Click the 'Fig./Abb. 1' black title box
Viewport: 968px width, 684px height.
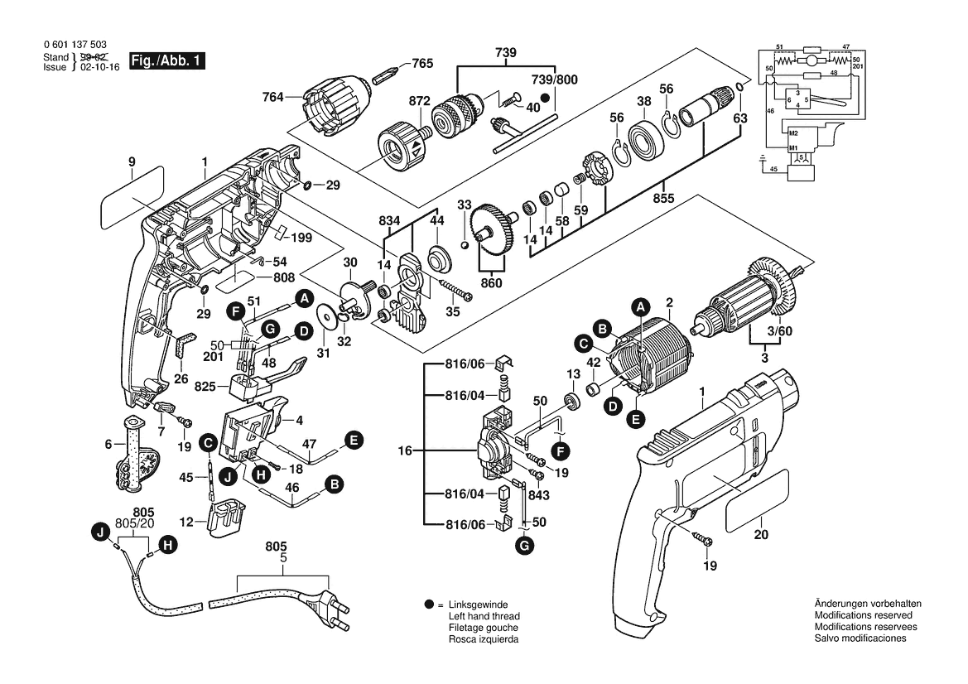tap(165, 61)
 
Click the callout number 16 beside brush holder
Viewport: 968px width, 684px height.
tap(404, 451)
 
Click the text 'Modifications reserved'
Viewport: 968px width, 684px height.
tap(863, 616)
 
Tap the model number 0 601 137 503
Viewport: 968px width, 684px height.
tap(74, 45)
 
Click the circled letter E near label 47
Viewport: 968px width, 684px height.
tap(353, 441)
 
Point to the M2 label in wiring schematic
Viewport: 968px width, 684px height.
tap(792, 133)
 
